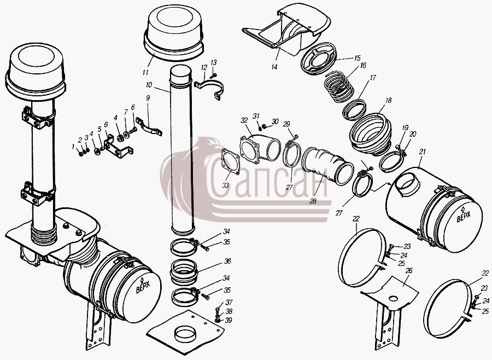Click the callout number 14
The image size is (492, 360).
click(x=274, y=67)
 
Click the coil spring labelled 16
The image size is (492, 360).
click(x=339, y=86)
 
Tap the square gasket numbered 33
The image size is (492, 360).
click(x=231, y=161)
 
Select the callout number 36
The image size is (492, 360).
click(x=227, y=261)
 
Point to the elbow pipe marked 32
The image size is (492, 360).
click(x=260, y=148)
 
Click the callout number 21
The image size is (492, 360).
click(x=423, y=152)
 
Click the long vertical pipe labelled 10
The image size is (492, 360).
click(x=181, y=150)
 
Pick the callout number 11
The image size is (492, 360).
click(x=145, y=73)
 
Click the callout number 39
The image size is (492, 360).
click(x=229, y=320)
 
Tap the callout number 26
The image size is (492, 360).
click(x=409, y=271)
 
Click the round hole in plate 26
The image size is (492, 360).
click(x=393, y=298)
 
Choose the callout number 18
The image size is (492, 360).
click(x=389, y=101)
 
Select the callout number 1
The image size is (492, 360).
click(x=73, y=147)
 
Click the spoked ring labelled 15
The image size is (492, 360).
click(x=319, y=59)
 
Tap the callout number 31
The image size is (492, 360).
click(x=256, y=116)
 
